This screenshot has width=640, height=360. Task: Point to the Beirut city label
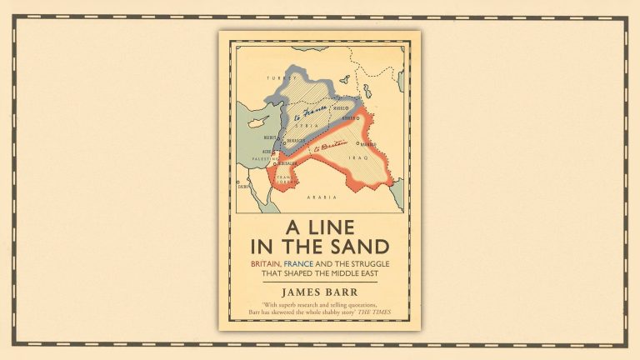point(268,132)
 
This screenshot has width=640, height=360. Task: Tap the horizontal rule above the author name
point(320,282)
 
